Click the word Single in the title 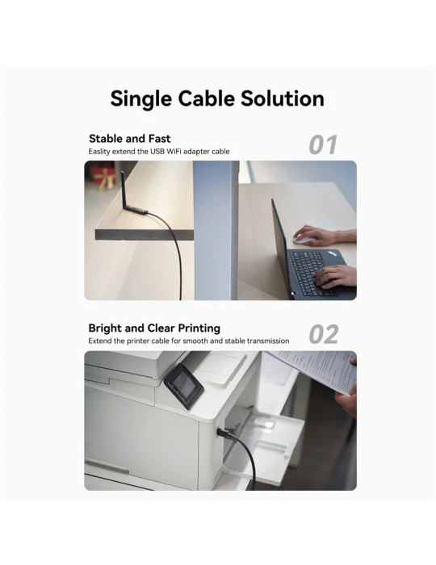click(140, 98)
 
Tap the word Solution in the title click(283, 98)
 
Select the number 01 click(323, 144)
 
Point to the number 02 click(324, 334)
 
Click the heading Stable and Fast click(130, 139)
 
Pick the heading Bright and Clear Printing click(154, 329)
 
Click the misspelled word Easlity click(99, 152)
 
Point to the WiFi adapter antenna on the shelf click(124, 191)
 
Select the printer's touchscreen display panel click(184, 387)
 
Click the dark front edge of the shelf click(145, 235)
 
